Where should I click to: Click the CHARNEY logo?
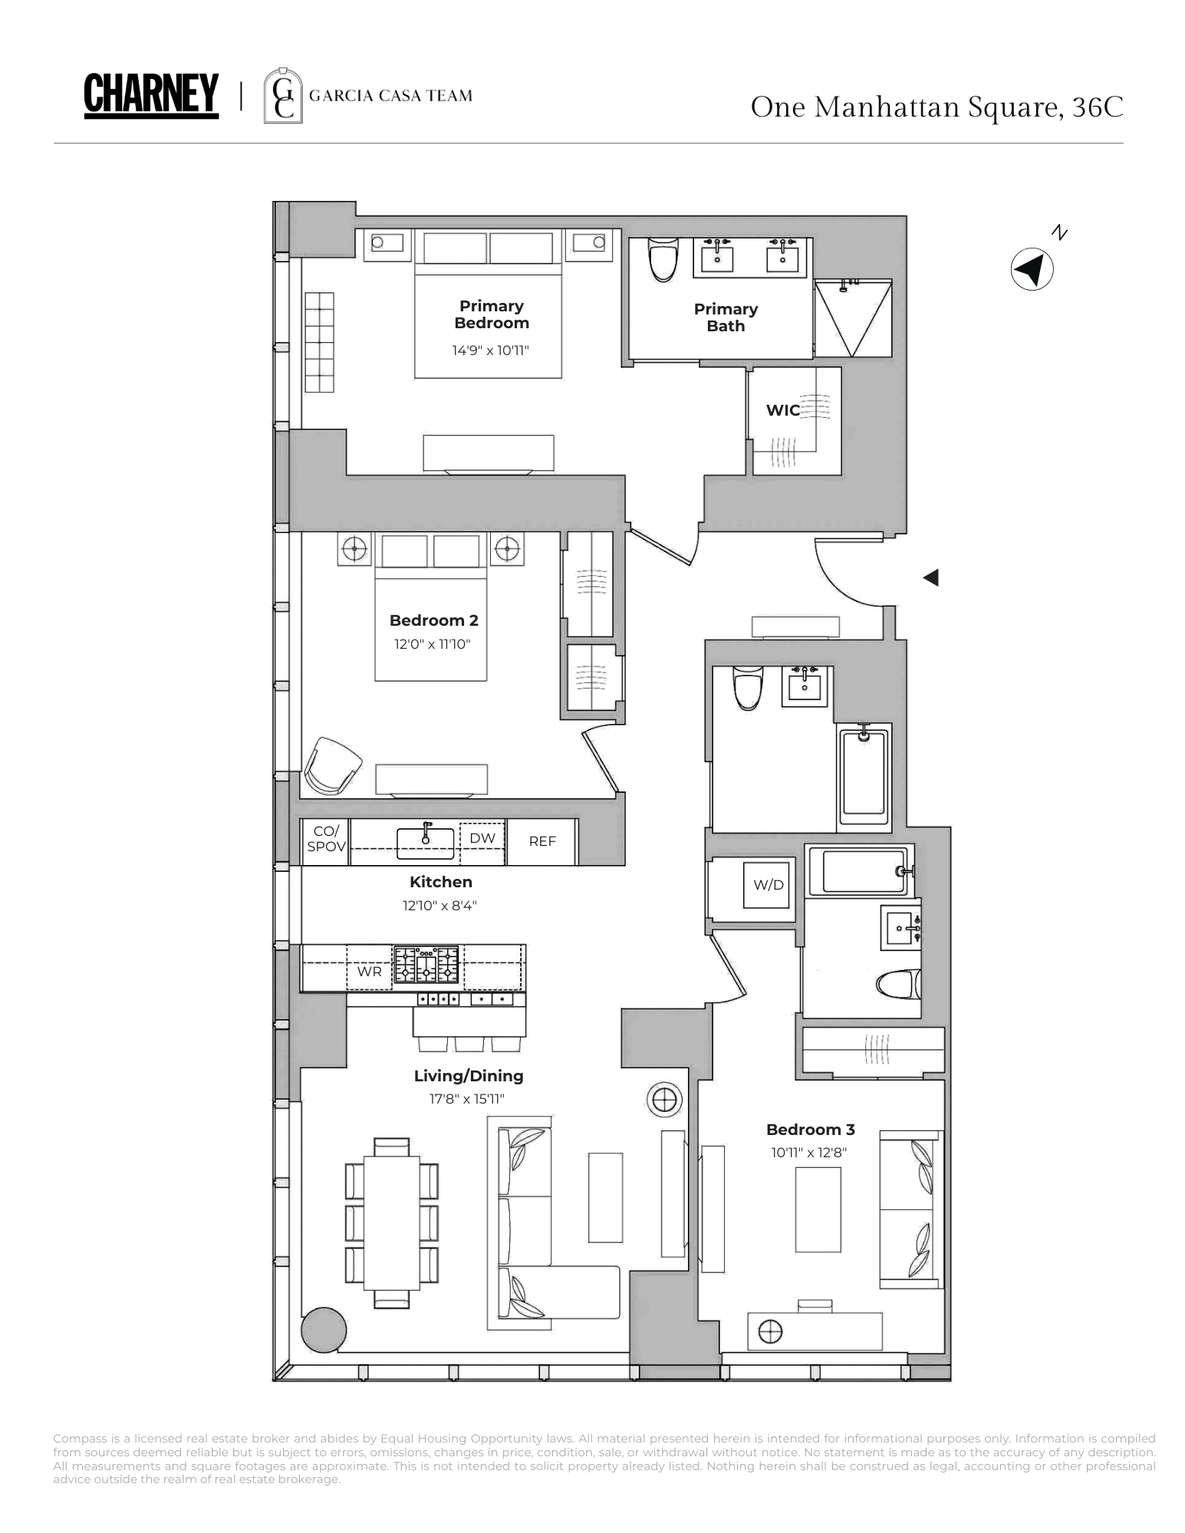click(151, 96)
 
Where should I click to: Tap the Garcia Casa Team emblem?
click(282, 96)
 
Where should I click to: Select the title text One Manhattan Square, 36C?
click(936, 107)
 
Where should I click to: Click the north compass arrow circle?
click(1032, 269)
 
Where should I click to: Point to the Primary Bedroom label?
click(492, 314)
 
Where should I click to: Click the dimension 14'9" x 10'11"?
click(491, 350)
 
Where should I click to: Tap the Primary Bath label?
click(726, 317)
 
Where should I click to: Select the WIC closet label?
click(782, 410)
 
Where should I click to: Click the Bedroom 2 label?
click(433, 620)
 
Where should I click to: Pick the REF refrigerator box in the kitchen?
click(542, 841)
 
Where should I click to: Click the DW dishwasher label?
click(482, 838)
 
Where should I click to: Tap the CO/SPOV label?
click(326, 839)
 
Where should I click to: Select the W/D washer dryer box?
click(768, 885)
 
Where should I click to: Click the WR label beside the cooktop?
click(369, 972)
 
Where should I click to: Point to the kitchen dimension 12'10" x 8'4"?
click(440, 906)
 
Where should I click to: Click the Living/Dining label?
click(469, 1076)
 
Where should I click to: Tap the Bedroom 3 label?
click(810, 1130)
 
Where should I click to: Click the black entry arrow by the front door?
click(931, 577)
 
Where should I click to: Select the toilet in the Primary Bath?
click(663, 259)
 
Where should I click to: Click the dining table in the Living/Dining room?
click(391, 1223)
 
